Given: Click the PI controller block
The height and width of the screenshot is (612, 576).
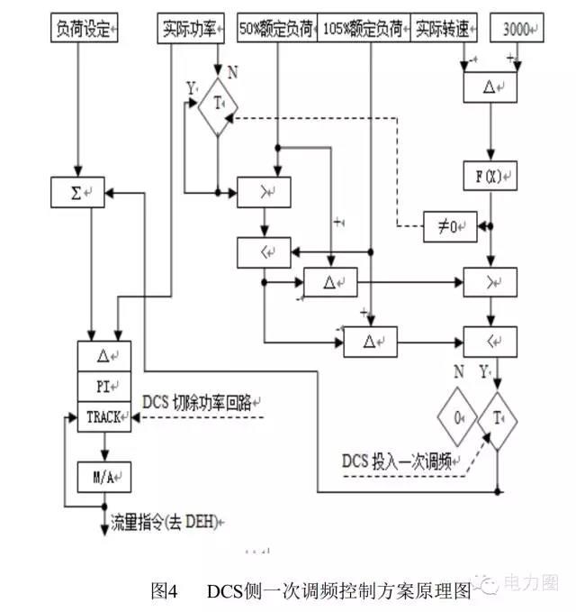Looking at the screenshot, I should pos(104,386).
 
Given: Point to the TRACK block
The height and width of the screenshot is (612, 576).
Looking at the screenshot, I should pos(104,417).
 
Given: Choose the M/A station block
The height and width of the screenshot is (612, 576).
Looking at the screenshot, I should pos(104,471).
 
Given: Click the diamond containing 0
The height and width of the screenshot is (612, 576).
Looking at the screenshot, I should pos(459,419).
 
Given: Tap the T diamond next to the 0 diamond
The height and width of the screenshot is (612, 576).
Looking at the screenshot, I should pos(498,419).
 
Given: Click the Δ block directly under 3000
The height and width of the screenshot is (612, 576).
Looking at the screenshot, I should pos(490,87).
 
